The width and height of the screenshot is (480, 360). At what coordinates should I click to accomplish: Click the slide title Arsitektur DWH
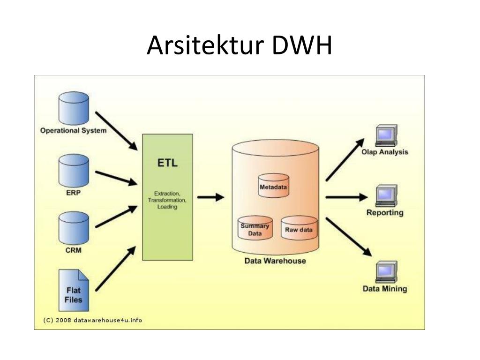coord(240,45)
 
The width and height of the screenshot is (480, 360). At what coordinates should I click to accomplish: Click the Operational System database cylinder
coord(74,108)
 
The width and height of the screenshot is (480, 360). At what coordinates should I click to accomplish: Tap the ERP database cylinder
coord(74,171)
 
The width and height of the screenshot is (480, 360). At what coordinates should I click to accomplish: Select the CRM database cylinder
coord(74,228)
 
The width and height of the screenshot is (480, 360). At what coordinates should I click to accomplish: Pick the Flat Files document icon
coord(74,290)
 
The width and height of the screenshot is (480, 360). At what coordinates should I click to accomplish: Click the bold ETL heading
coord(167,163)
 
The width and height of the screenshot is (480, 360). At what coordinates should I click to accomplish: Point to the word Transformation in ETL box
coord(167,200)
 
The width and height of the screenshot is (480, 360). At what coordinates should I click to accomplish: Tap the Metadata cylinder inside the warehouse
coord(273,186)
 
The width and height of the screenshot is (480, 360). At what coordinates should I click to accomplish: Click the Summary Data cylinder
coord(255,228)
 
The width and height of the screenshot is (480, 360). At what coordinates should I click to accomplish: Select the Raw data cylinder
coord(299,228)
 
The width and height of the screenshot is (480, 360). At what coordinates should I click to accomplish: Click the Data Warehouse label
coord(275,261)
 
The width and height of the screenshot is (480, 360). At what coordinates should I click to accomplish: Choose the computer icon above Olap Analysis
coord(386,135)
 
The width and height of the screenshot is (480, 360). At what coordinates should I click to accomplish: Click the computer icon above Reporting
coord(386,196)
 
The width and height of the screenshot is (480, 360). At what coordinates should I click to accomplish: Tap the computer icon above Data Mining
coord(386,272)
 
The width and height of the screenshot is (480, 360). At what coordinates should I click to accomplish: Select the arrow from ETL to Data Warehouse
coord(210,197)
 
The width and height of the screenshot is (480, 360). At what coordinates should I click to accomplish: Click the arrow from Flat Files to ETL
coord(116,269)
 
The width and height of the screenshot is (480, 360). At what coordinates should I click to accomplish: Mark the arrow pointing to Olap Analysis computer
coord(345,159)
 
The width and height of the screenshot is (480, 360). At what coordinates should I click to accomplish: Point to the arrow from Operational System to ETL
coord(116,131)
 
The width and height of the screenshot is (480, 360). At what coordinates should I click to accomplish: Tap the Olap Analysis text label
coord(385,152)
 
